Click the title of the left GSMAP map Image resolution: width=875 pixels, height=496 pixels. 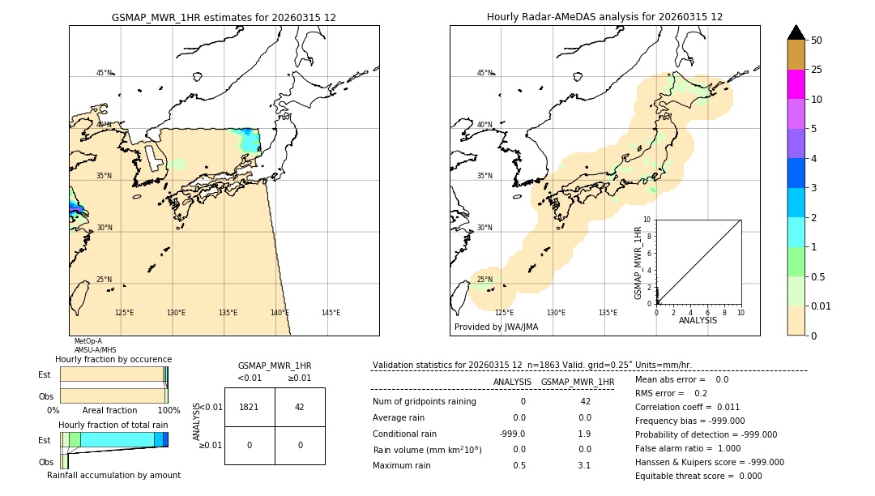tap(224, 17)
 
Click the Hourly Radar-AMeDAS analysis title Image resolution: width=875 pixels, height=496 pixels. tap(604, 17)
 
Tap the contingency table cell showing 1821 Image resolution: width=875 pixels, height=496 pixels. tap(249, 407)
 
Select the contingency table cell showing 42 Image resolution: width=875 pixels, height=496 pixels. tap(299, 407)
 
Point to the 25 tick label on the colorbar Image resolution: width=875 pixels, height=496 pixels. tap(817, 70)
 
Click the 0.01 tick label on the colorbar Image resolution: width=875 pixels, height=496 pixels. tap(822, 306)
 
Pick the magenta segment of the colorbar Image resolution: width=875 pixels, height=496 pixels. tap(796, 84)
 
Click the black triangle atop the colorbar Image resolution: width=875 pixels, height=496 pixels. tap(796, 32)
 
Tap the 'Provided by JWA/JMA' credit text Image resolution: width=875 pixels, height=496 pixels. tap(496, 327)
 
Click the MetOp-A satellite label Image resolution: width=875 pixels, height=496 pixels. tap(87, 341)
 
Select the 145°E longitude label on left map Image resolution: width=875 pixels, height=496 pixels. tap(331, 313)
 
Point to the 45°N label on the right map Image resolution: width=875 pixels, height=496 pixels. tap(484, 73)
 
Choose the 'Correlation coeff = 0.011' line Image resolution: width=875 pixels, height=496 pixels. tap(687, 407)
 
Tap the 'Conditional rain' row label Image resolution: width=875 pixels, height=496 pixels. tap(405, 433)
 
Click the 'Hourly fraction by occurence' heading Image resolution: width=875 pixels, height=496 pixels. tap(113, 359)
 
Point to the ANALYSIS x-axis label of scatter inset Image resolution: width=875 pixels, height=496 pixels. tap(698, 320)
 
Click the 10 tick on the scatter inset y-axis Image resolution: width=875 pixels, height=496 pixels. tap(647, 220)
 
